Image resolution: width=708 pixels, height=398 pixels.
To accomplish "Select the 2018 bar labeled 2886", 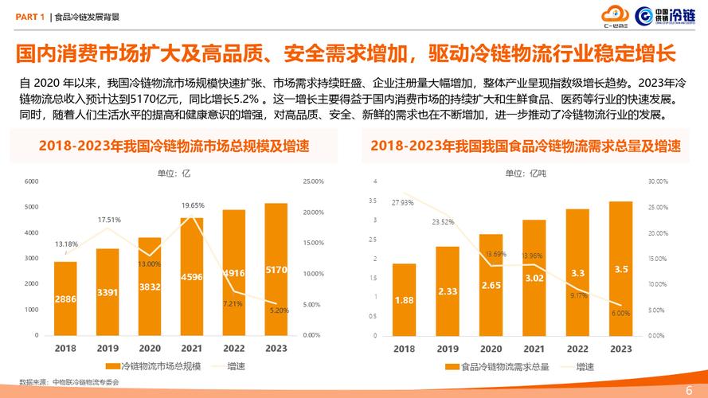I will [x=65, y=298].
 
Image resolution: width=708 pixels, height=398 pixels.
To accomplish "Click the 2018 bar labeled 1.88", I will [x=404, y=299].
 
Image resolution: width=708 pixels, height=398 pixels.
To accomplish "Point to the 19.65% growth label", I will [x=192, y=205].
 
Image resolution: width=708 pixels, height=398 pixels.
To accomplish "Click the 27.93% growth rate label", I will [x=402, y=203].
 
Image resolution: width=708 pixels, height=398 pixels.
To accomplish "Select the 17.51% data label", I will [x=109, y=220].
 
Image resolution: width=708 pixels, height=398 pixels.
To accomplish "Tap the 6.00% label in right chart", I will [x=620, y=313].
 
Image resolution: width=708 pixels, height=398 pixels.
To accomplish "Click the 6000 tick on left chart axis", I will [x=32, y=181].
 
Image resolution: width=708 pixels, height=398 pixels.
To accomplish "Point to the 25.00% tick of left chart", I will [x=314, y=181].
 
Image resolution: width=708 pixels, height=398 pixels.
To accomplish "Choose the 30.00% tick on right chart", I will [x=657, y=181].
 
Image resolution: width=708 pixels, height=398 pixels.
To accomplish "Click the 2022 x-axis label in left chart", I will [x=233, y=348].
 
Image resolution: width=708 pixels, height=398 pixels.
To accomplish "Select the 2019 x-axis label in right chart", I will [x=447, y=348].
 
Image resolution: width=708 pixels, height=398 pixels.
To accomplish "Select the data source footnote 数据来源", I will [x=68, y=383].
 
